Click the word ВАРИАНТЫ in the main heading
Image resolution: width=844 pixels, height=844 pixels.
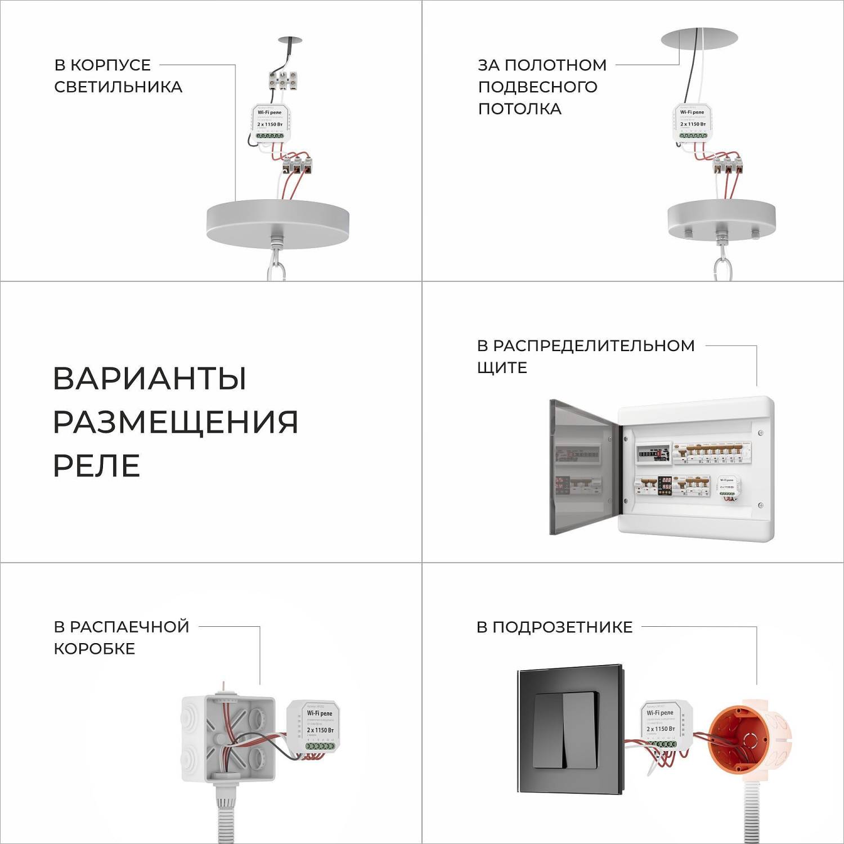coord(150,378)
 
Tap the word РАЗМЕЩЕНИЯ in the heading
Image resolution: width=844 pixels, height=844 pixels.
coord(175,422)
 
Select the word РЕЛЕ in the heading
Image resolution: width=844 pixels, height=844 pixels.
coord(96,466)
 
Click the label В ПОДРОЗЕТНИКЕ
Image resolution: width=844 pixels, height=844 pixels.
coord(554,627)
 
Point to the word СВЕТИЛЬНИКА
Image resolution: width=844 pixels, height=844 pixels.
coord(118,87)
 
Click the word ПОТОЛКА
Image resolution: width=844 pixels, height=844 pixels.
coord(519,109)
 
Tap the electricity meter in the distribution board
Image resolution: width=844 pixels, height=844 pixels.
coord(653,454)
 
